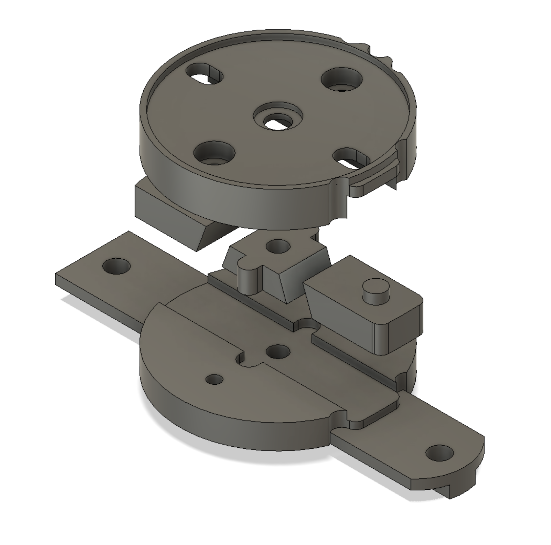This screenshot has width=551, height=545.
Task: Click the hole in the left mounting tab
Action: (116, 266)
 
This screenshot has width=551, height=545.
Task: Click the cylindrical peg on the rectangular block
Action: (375, 290)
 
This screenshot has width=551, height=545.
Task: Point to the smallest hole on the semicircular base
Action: (214, 379)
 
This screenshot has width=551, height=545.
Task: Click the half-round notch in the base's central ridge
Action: (308, 326)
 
